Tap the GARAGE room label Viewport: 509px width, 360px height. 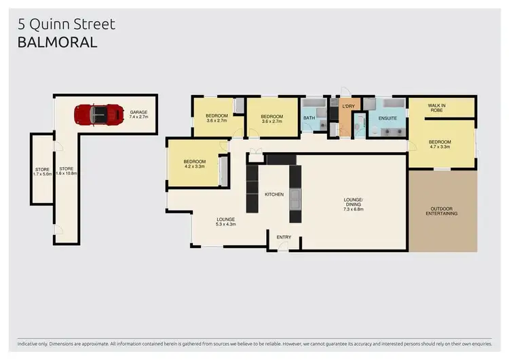138,115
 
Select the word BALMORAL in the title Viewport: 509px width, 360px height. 57,42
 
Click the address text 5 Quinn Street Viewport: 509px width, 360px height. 66,24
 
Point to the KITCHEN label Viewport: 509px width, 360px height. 274,195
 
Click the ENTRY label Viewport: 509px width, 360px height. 284,237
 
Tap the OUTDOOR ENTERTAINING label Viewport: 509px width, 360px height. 441,211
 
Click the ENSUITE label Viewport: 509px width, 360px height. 388,118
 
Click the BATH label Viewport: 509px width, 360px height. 309,118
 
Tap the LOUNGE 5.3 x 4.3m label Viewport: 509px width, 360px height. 225,221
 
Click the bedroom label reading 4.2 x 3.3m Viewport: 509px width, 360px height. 194,164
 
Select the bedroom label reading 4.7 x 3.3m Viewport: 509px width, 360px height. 439,144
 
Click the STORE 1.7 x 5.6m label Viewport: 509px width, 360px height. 42,171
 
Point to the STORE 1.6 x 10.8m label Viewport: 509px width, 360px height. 67,171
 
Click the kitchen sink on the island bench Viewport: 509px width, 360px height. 295,200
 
